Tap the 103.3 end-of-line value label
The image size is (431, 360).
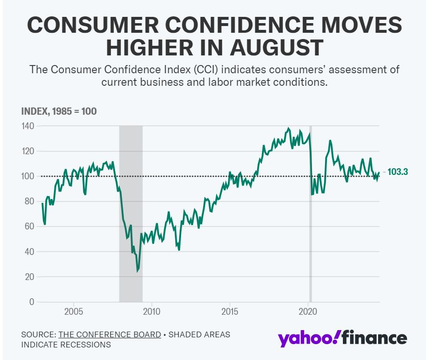[398, 172]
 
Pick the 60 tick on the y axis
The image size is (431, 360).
[29, 227]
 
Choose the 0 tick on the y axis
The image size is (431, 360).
[31, 302]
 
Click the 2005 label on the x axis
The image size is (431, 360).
[73, 311]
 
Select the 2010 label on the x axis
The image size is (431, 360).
[152, 311]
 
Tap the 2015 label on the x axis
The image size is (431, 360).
[230, 311]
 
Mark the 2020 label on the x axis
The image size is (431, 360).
[308, 311]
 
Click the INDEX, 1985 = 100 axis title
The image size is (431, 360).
[59, 111]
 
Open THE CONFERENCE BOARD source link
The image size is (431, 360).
[110, 334]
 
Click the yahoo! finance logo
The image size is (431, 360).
[342, 338]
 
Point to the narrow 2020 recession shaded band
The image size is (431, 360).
[310, 212]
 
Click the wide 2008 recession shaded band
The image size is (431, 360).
[131, 212]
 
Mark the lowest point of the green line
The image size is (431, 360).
[138, 271]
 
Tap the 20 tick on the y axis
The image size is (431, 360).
[29, 277]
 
